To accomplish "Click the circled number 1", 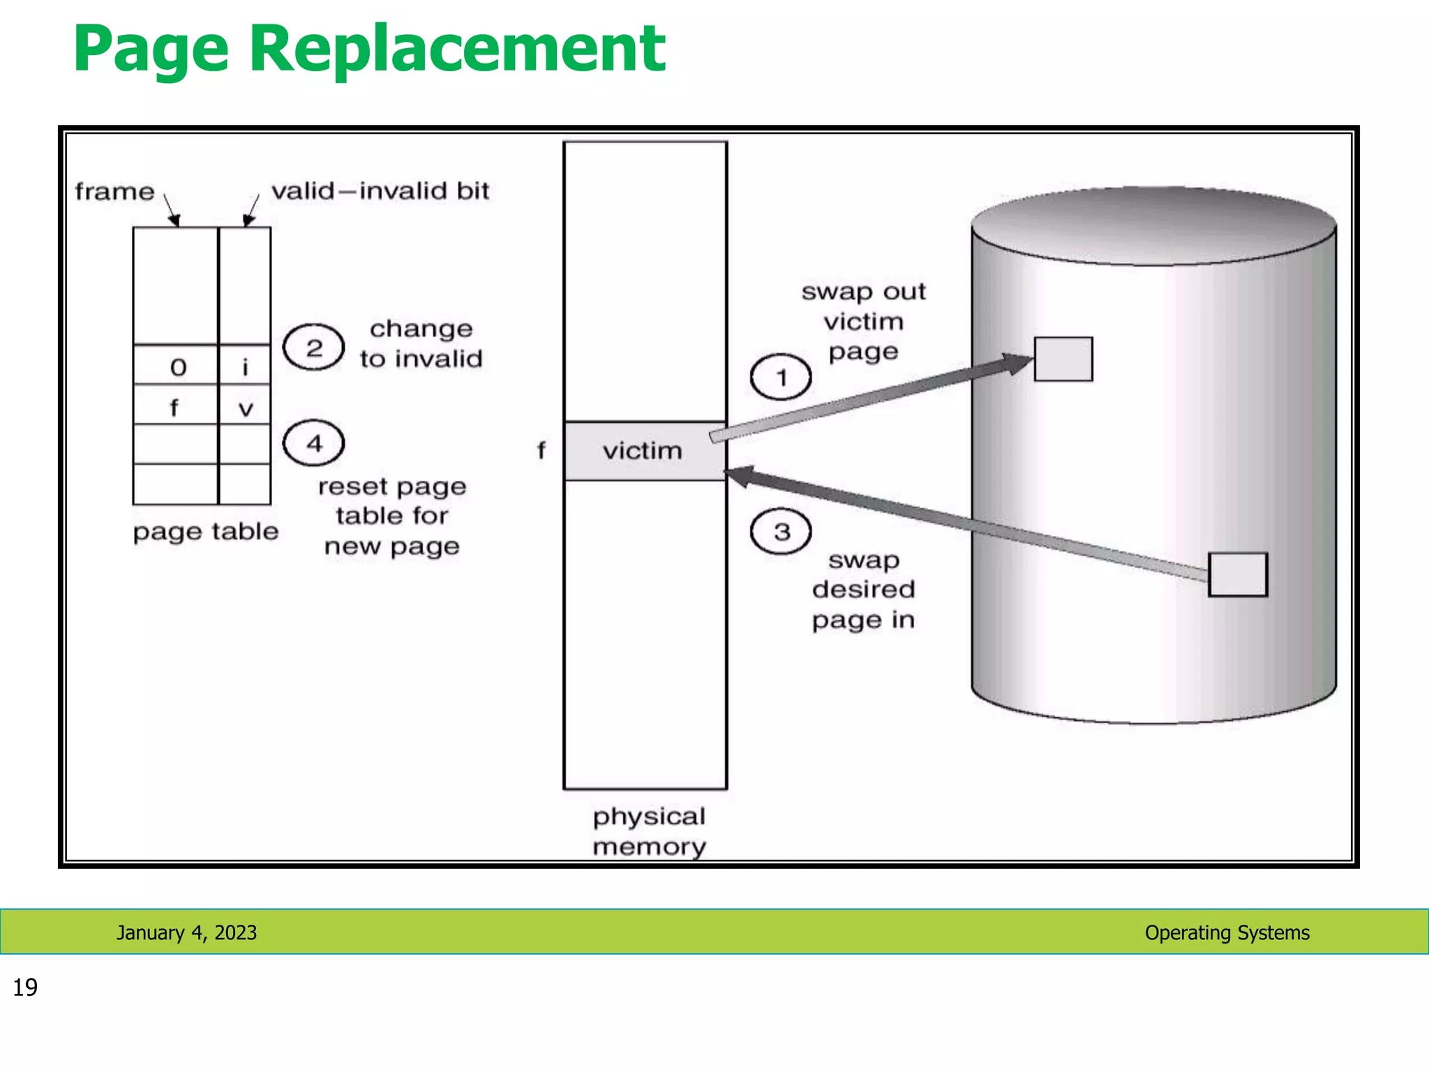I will [x=781, y=378].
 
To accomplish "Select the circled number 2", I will [x=314, y=347].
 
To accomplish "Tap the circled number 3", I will [x=781, y=532].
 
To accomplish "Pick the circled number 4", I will [x=314, y=443].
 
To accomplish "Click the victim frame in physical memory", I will [x=644, y=451].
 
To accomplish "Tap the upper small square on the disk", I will [x=1063, y=359].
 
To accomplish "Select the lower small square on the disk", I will [x=1237, y=574].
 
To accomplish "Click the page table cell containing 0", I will [x=177, y=366].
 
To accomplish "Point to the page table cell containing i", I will [x=245, y=366].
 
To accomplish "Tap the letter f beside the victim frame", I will [x=541, y=451].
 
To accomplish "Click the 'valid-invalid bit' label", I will [x=380, y=191].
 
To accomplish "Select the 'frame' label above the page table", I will [x=114, y=191].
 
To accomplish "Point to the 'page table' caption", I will [x=205, y=532].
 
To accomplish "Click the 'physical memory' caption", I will [x=649, y=831].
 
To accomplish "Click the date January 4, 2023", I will [x=186, y=932].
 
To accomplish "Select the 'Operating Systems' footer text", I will [x=1227, y=932].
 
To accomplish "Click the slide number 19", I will [x=25, y=988].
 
